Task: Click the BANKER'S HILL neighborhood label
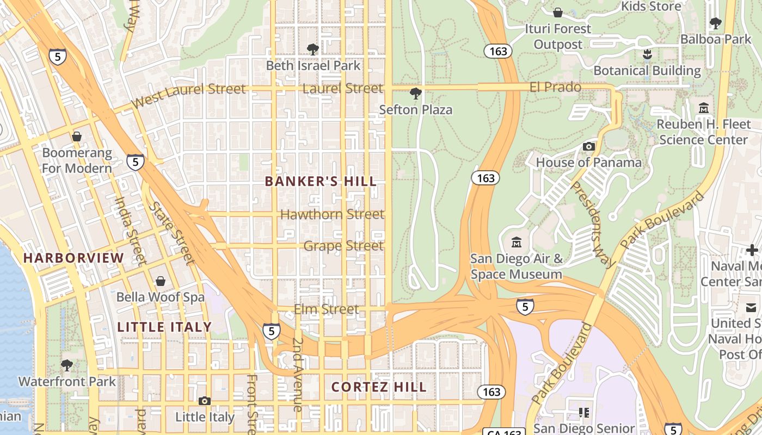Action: coord(321,182)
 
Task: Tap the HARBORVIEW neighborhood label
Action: coord(73,258)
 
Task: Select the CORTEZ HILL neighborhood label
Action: coord(379,387)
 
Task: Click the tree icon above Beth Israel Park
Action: coord(312,49)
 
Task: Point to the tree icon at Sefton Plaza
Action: coord(415,94)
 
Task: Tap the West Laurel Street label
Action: coord(188,95)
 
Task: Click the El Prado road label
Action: coord(555,87)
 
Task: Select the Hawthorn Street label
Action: coord(332,214)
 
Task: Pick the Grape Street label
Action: coord(343,246)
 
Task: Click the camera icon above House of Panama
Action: coord(588,146)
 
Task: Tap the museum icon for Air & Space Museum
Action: coord(517,242)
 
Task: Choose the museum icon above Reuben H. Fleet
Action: coord(704,108)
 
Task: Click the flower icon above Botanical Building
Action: coord(647,54)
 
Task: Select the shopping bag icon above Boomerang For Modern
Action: coord(77,136)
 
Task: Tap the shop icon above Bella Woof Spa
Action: coord(161,281)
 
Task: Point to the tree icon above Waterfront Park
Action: coord(67,365)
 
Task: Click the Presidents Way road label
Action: coord(592,223)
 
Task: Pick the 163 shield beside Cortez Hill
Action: coord(491,392)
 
